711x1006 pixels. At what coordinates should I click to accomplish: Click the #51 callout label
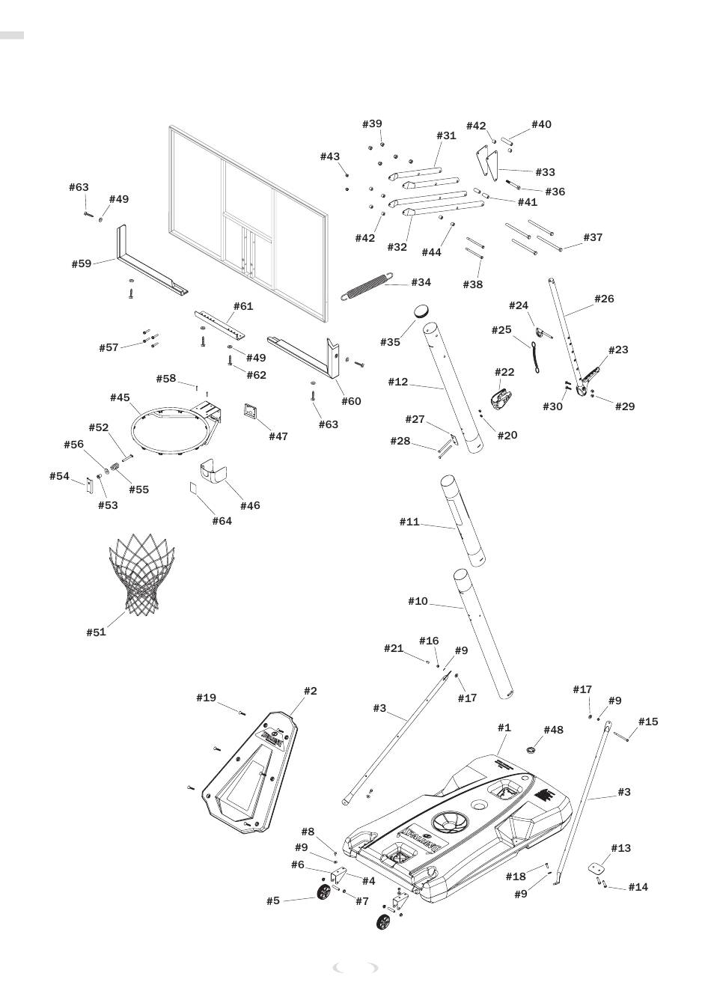click(96, 632)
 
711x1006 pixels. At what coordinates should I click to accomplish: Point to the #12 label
click(398, 382)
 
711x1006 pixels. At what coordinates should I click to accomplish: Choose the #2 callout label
click(310, 690)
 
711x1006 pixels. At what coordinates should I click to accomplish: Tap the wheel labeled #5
click(324, 893)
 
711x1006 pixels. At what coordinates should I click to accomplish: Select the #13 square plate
click(596, 869)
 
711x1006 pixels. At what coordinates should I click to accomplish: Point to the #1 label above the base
click(504, 727)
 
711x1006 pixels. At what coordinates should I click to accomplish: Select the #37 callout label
click(593, 237)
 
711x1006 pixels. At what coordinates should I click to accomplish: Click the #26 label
click(604, 299)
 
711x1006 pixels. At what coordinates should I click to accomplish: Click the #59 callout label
click(82, 263)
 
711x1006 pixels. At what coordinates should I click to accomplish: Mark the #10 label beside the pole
click(418, 601)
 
